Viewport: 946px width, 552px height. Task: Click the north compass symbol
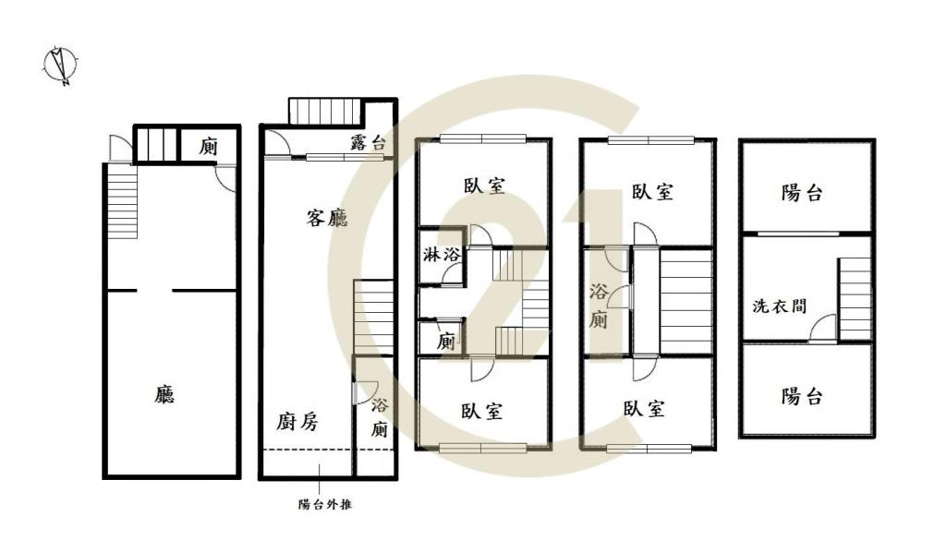62,66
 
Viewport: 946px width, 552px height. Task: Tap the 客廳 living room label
327,219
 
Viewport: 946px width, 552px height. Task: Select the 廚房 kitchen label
297,423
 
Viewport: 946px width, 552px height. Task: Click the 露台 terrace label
368,142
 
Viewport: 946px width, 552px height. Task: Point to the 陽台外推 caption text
323,505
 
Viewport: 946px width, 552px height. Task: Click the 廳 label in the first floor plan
164,395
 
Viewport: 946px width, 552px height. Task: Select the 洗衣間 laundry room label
780,306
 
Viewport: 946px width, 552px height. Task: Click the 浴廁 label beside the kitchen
380,417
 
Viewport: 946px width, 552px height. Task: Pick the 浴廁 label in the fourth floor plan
599,307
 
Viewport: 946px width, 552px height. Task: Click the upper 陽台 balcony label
802,193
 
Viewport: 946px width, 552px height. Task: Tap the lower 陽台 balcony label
802,397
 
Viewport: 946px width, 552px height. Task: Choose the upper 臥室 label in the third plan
484,186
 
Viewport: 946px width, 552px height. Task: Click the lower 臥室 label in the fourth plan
643,409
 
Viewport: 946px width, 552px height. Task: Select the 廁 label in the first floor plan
209,146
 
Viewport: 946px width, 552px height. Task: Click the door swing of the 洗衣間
824,329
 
